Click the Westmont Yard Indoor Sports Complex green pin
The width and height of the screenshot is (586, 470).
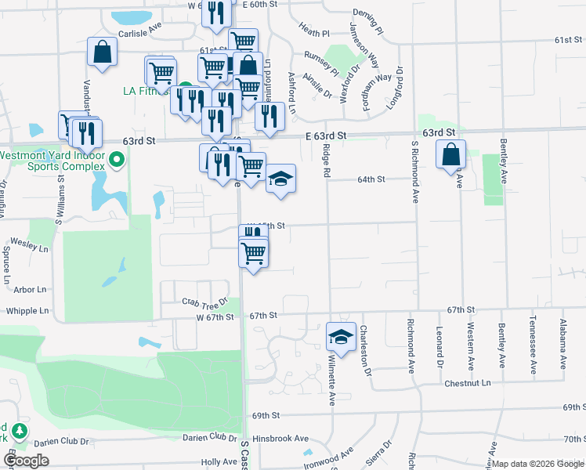click(x=118, y=161)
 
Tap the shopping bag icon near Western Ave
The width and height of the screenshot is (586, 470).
click(x=451, y=154)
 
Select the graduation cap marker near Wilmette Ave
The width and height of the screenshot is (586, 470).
click(x=341, y=336)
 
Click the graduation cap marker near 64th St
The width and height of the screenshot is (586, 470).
click(x=280, y=179)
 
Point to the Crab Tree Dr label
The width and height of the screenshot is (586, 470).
click(x=204, y=301)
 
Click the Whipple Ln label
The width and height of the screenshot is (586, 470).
click(x=28, y=311)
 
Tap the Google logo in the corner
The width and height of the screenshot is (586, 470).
click(x=26, y=461)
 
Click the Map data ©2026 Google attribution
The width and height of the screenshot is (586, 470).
click(x=537, y=464)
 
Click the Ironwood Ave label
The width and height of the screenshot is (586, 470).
click(x=336, y=455)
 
